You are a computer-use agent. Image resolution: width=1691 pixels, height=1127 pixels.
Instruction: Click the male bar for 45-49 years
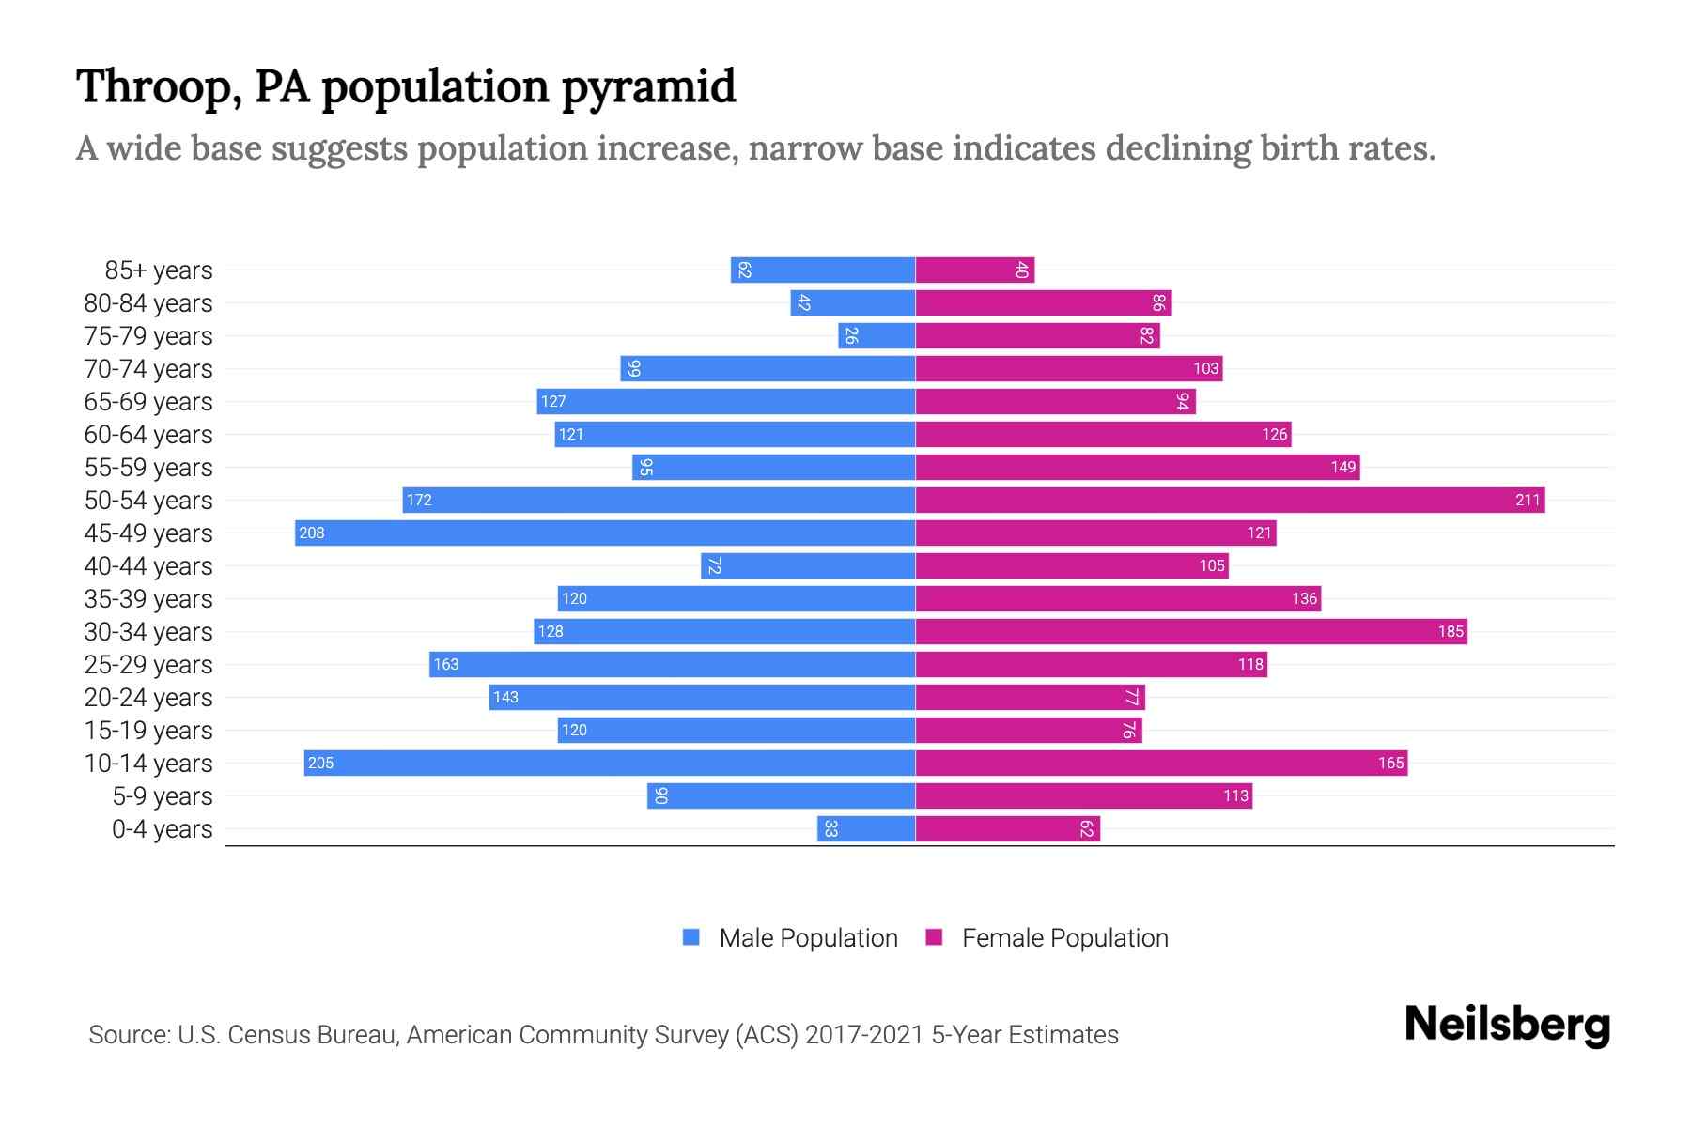point(605,533)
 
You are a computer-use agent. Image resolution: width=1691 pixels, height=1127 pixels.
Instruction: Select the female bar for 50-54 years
point(1230,501)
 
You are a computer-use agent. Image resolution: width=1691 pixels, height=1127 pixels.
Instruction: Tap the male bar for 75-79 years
point(877,336)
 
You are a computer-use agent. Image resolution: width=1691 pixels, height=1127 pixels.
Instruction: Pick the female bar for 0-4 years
point(1007,829)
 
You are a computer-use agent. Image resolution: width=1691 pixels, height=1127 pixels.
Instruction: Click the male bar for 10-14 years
point(610,764)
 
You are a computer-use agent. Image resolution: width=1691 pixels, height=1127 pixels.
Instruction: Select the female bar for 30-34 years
point(1191,632)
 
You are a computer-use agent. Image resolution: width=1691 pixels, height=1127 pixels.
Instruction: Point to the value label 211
point(1528,501)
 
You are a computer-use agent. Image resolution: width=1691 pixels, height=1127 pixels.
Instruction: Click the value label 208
point(312,533)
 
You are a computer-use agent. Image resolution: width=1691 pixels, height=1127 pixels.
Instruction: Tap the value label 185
point(1451,632)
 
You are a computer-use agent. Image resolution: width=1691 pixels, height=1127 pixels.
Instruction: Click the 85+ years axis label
point(159,270)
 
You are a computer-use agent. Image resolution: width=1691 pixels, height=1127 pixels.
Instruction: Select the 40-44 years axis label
point(148,566)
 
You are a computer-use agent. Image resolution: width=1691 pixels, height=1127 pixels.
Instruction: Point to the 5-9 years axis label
point(163,796)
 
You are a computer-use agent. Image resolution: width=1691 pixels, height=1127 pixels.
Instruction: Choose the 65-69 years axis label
point(148,402)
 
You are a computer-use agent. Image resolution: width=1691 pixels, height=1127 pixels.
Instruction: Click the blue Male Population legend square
point(691,937)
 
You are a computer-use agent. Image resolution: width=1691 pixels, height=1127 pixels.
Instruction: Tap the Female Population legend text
point(1064,938)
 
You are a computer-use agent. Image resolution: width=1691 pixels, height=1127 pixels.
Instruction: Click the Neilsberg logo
point(1507,1025)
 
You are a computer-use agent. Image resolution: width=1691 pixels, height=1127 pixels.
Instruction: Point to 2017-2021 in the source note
point(864,1035)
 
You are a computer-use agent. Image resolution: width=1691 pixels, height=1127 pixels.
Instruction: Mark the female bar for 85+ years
point(975,270)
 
